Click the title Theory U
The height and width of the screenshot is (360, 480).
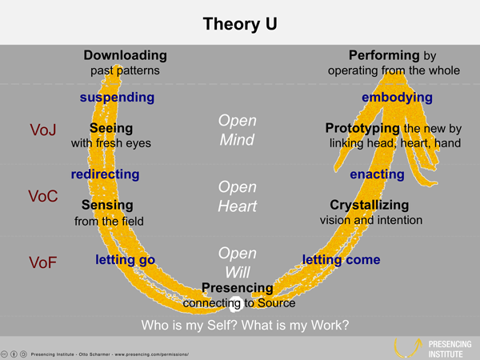[239, 23]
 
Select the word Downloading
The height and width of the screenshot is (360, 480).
[125, 56]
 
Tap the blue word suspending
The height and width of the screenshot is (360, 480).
[117, 98]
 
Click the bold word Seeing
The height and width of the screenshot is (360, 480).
[111, 128]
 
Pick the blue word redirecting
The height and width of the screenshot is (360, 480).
[105, 174]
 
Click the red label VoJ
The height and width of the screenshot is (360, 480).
[42, 130]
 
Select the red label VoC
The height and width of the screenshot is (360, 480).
[43, 196]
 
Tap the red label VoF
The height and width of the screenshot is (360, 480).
[42, 262]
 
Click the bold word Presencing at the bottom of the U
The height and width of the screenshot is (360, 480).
[237, 288]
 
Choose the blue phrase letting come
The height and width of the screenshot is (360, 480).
[341, 260]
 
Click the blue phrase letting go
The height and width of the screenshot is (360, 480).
[125, 260]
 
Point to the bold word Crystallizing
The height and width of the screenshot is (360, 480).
[370, 206]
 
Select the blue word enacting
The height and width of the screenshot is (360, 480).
[377, 174]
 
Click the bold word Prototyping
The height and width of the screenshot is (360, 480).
[363, 128]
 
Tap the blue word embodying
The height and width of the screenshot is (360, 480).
[397, 98]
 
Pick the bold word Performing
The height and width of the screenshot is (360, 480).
[384, 56]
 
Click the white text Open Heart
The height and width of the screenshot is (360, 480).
[238, 196]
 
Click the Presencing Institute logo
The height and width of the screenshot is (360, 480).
[433, 347]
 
